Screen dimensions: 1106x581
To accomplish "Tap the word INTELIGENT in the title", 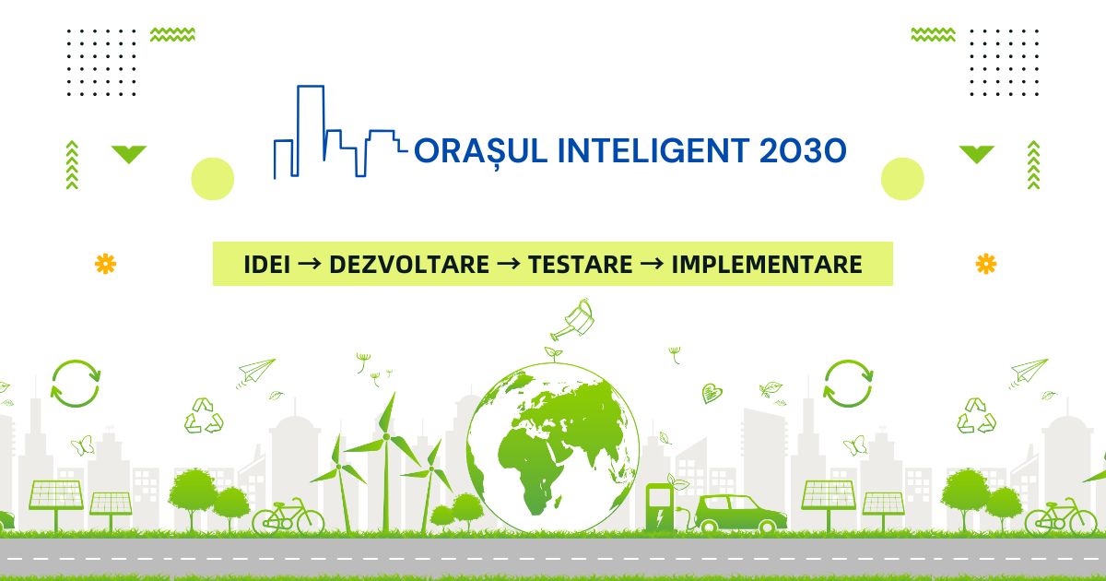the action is click(x=653, y=150).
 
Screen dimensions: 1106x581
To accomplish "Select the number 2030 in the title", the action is click(x=803, y=150).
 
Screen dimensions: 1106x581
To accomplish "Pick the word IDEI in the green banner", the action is click(x=266, y=265).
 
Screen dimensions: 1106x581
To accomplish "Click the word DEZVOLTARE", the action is click(x=409, y=265).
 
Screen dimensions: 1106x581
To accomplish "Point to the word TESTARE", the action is click(x=580, y=265).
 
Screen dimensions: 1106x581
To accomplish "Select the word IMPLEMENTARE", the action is click(x=767, y=265).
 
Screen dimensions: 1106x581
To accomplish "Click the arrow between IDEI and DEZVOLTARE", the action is click(x=310, y=264).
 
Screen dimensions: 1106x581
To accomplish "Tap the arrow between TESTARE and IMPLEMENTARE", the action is click(x=652, y=264).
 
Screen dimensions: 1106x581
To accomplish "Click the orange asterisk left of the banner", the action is click(x=105, y=264).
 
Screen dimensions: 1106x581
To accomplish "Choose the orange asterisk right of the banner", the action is click(x=986, y=264).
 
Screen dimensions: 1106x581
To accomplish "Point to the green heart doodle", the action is click(x=712, y=393).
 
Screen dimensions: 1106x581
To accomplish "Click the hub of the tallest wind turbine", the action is click(x=386, y=437).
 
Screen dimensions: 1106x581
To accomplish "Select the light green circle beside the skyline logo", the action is click(x=212, y=179).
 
